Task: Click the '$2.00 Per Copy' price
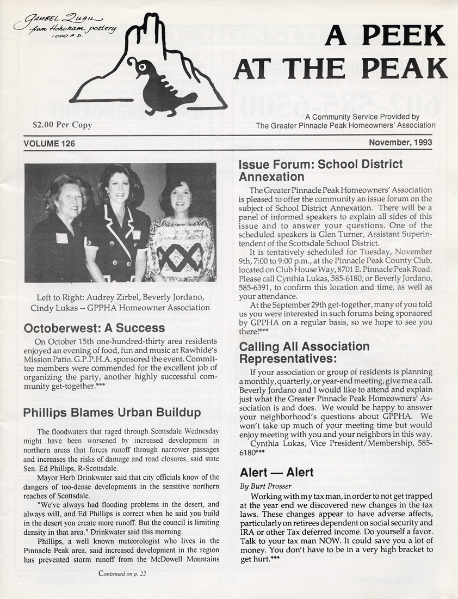point(63,125)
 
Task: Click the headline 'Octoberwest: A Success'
point(94,328)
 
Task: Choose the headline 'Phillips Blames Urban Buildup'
point(104,413)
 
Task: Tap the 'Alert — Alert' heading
point(277,472)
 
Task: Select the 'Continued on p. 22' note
point(122,573)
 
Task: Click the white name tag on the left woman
point(61,238)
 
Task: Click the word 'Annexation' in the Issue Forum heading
point(271,177)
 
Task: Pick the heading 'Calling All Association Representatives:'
point(304,352)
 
